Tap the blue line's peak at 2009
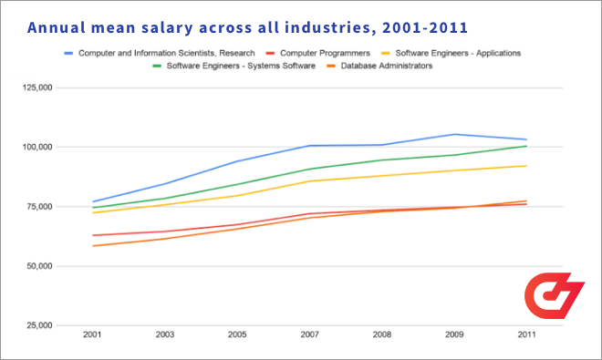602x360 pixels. click(x=455, y=134)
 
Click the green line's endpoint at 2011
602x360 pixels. click(x=527, y=146)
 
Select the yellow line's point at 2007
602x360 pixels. click(x=310, y=181)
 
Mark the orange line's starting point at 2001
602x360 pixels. click(x=92, y=246)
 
